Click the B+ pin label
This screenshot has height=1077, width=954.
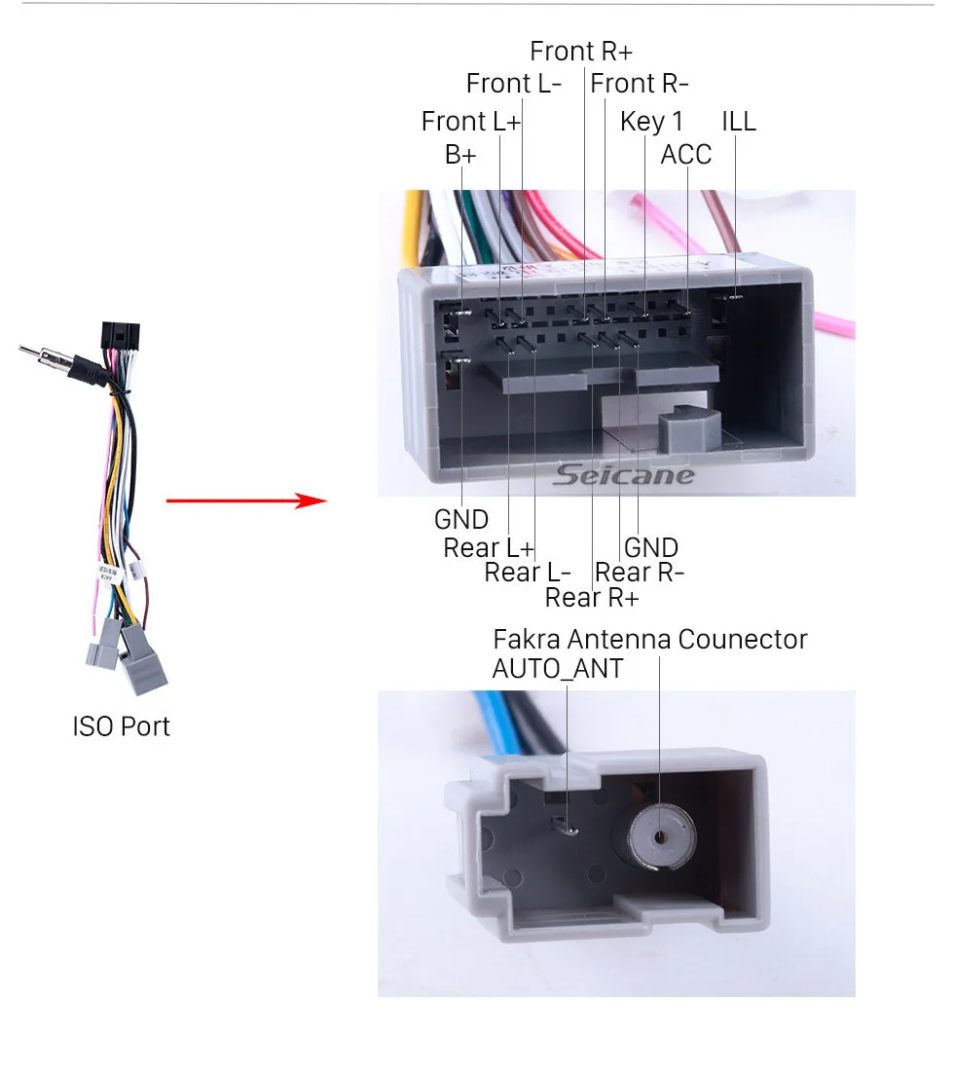(x=460, y=155)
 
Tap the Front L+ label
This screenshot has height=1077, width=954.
(x=471, y=122)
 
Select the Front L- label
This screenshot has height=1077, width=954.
(x=514, y=84)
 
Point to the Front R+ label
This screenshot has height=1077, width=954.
(x=581, y=51)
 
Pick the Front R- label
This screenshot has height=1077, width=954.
(x=641, y=84)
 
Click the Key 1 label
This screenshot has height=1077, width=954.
(x=651, y=122)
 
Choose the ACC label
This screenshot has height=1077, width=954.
(x=686, y=155)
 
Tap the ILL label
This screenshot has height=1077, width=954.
(x=738, y=122)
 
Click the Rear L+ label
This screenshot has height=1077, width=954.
(x=489, y=548)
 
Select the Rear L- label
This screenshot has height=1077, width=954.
(x=528, y=573)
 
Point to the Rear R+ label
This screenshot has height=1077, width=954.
(x=592, y=597)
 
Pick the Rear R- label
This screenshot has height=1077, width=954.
(x=640, y=573)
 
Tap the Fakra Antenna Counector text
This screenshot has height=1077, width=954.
(x=650, y=640)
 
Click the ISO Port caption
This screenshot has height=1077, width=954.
(x=121, y=726)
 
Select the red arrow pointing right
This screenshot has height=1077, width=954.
(x=247, y=501)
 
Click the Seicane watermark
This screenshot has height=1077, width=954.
(x=625, y=475)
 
